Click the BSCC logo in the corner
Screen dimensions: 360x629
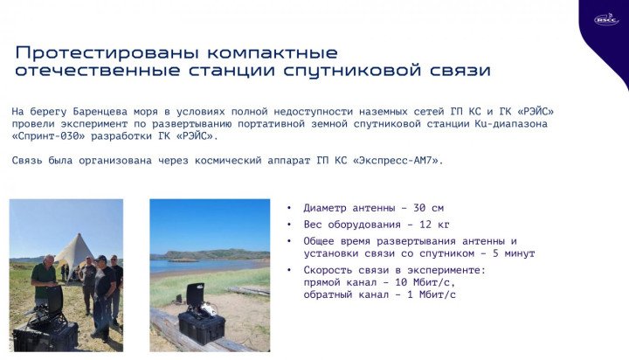(606, 18)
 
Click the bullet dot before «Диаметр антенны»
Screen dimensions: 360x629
(289, 208)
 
